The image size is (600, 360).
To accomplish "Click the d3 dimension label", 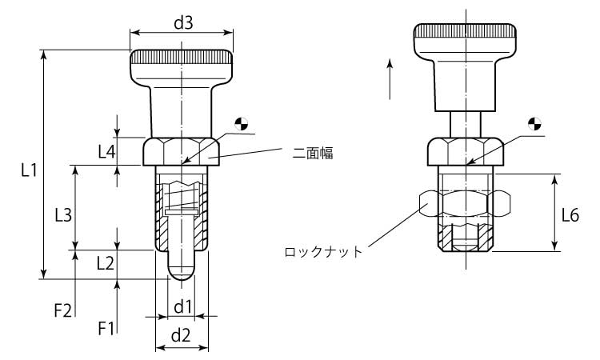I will (183, 23).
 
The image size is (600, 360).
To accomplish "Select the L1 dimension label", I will (29, 170).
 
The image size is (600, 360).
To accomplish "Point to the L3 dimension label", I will (63, 214).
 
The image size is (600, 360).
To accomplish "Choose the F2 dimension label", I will (63, 309).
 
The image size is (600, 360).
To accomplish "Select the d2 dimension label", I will (182, 336).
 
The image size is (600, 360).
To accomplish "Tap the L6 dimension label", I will (570, 214).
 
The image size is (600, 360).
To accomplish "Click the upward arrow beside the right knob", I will (390, 78).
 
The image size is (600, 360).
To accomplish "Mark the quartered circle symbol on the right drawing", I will (535, 124).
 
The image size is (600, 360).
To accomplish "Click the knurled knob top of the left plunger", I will (182, 60).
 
